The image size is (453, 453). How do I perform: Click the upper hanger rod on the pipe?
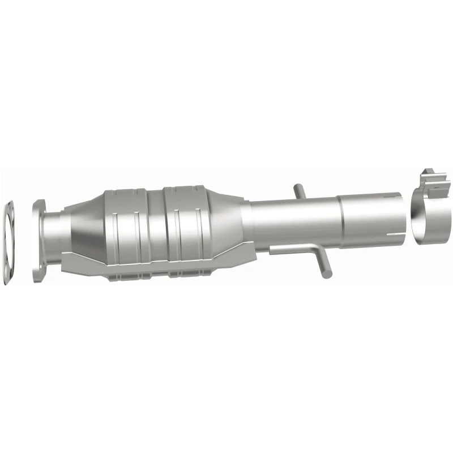click(301, 191)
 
